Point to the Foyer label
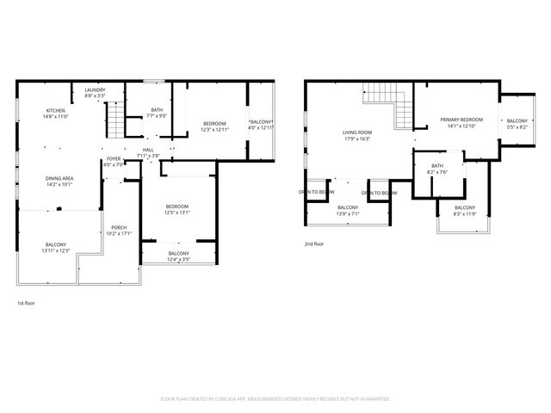point(114,161)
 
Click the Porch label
point(118,231)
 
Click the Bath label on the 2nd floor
point(437,169)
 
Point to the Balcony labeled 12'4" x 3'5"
point(178,256)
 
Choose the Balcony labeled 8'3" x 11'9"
point(464,211)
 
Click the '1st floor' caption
point(27,303)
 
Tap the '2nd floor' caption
point(313,244)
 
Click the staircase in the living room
point(384,99)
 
